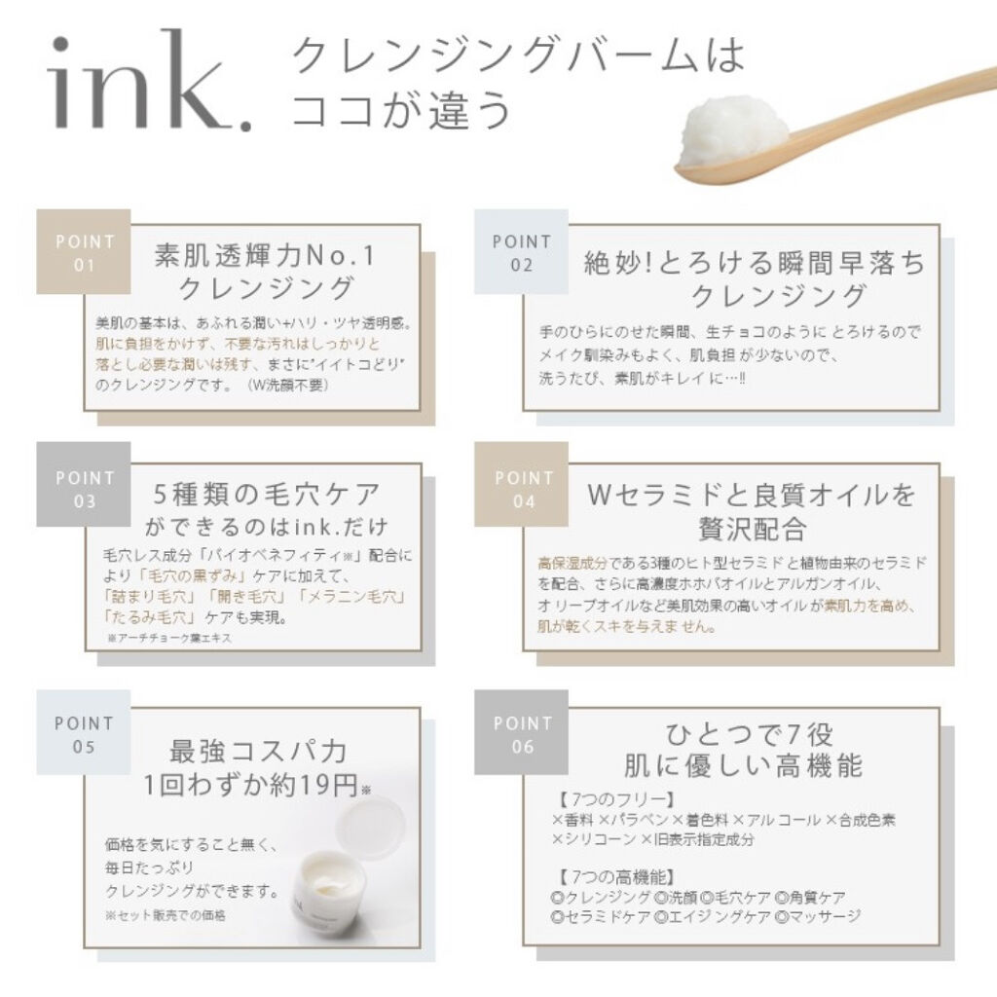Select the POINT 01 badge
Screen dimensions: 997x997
point(84,252)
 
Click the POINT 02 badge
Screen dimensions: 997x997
point(522,252)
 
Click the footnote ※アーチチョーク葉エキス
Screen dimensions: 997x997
point(169,638)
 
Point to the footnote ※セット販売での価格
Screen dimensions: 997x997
point(166,915)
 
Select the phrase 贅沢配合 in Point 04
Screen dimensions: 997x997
point(753,529)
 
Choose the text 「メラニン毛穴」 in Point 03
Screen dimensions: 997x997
point(351,597)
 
